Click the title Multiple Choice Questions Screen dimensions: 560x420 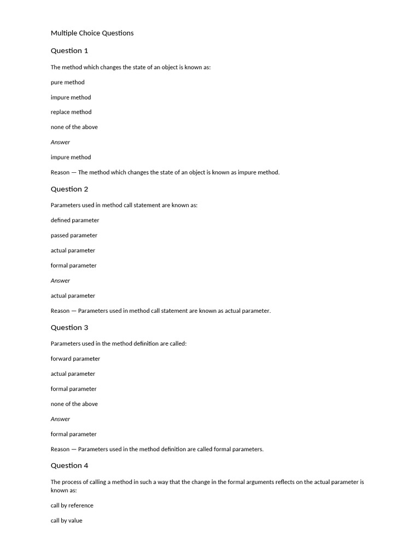pos(92,33)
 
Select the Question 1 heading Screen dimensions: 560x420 pos(69,51)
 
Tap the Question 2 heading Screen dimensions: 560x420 pos(69,189)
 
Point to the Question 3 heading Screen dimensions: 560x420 pos(69,328)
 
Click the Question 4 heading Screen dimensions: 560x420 pos(69,466)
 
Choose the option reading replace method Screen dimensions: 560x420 pos(71,112)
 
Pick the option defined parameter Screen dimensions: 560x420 pos(75,220)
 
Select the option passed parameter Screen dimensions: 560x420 pos(74,236)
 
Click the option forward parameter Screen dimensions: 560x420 pos(75,359)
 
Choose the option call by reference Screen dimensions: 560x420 pos(72,506)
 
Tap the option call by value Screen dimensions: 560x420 pos(67,521)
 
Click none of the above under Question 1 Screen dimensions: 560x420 pos(74,127)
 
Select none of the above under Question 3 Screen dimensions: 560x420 pos(74,404)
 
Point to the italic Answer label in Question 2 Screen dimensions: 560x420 pos(60,281)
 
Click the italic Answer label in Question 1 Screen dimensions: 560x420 pos(60,142)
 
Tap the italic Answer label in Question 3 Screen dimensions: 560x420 pos(60,419)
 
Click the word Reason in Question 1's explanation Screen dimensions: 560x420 pos(60,172)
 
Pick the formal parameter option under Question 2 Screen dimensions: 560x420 pos(73,266)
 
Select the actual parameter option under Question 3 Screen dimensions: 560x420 pos(73,374)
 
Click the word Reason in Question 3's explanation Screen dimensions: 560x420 pos(60,450)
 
